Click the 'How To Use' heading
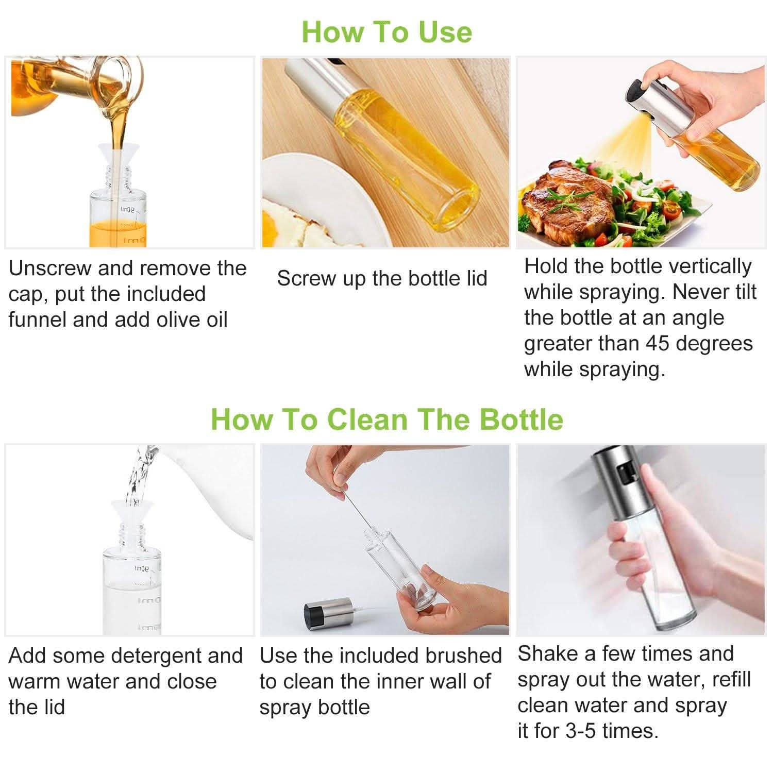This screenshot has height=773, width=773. (386, 31)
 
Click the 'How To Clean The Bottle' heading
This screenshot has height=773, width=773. (386, 418)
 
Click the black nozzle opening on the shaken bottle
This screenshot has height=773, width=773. (624, 475)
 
